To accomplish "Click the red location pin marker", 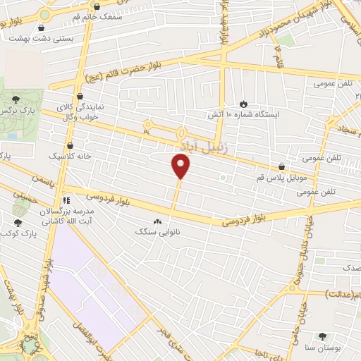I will pyautogui.click(x=181, y=166).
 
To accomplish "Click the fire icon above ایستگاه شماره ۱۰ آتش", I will pyautogui.click(x=244, y=103).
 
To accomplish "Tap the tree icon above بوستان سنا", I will pyautogui.click(x=323, y=336).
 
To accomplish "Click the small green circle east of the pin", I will pyautogui.click(x=223, y=177).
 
